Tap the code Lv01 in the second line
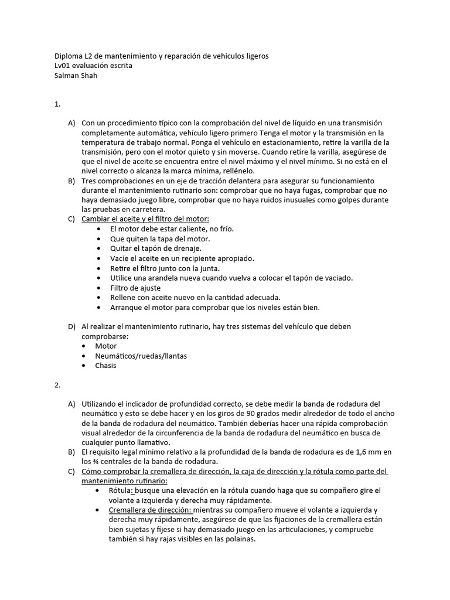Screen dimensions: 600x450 click(x=63, y=66)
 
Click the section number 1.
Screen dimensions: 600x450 click(x=57, y=104)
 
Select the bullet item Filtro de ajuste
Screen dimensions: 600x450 click(x=135, y=288)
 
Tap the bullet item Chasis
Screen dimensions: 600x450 click(x=105, y=366)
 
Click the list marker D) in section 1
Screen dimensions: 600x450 click(x=71, y=326)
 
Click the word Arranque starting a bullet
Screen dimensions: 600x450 click(x=127, y=307)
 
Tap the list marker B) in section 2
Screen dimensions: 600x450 click(x=71, y=452)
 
